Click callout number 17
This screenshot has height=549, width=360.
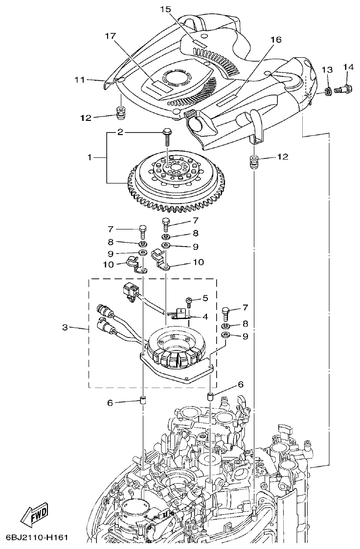(x=111, y=36)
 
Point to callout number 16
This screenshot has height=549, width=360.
(x=275, y=40)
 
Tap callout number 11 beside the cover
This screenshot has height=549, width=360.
(x=80, y=80)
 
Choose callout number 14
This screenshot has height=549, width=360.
(x=348, y=67)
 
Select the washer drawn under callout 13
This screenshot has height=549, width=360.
(x=326, y=90)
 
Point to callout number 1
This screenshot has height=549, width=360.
(x=90, y=158)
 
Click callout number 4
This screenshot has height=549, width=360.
(x=205, y=317)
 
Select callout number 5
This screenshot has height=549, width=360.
(x=205, y=297)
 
